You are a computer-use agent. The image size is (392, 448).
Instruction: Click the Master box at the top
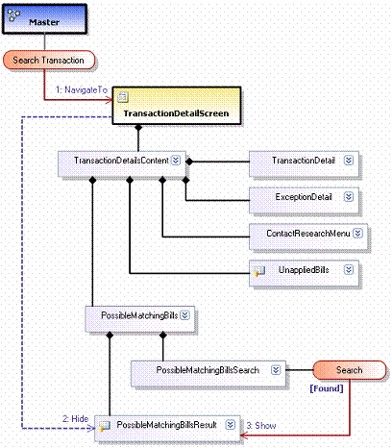click(44, 19)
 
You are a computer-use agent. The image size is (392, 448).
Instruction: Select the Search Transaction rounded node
click(49, 60)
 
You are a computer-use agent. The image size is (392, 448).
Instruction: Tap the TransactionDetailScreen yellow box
click(177, 106)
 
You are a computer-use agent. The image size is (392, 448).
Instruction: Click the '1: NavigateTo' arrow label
click(82, 89)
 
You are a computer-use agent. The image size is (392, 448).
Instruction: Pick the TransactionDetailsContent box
click(122, 163)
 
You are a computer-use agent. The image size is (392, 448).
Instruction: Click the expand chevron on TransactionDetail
click(349, 161)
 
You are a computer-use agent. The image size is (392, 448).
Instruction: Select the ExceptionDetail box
click(304, 200)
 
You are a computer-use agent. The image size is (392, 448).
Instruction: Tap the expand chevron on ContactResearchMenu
click(357, 233)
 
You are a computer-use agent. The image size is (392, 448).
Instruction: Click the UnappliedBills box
click(304, 273)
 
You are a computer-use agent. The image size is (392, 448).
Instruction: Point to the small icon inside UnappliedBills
click(259, 271)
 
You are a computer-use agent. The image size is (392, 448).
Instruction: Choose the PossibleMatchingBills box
click(140, 319)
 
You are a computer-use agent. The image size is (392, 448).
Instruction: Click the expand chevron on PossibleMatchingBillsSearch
click(276, 370)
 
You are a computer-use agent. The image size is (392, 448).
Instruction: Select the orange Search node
click(350, 370)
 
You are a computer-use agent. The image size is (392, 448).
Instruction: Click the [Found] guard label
click(327, 388)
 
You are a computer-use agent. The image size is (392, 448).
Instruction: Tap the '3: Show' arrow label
click(261, 426)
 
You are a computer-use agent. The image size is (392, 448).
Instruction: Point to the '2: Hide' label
click(76, 418)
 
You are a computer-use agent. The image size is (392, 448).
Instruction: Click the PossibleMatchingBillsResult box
click(167, 428)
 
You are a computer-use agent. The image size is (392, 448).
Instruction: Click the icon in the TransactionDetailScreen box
click(123, 97)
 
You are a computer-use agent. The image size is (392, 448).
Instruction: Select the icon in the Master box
click(13, 14)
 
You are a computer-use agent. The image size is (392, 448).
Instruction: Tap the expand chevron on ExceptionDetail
click(349, 196)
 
